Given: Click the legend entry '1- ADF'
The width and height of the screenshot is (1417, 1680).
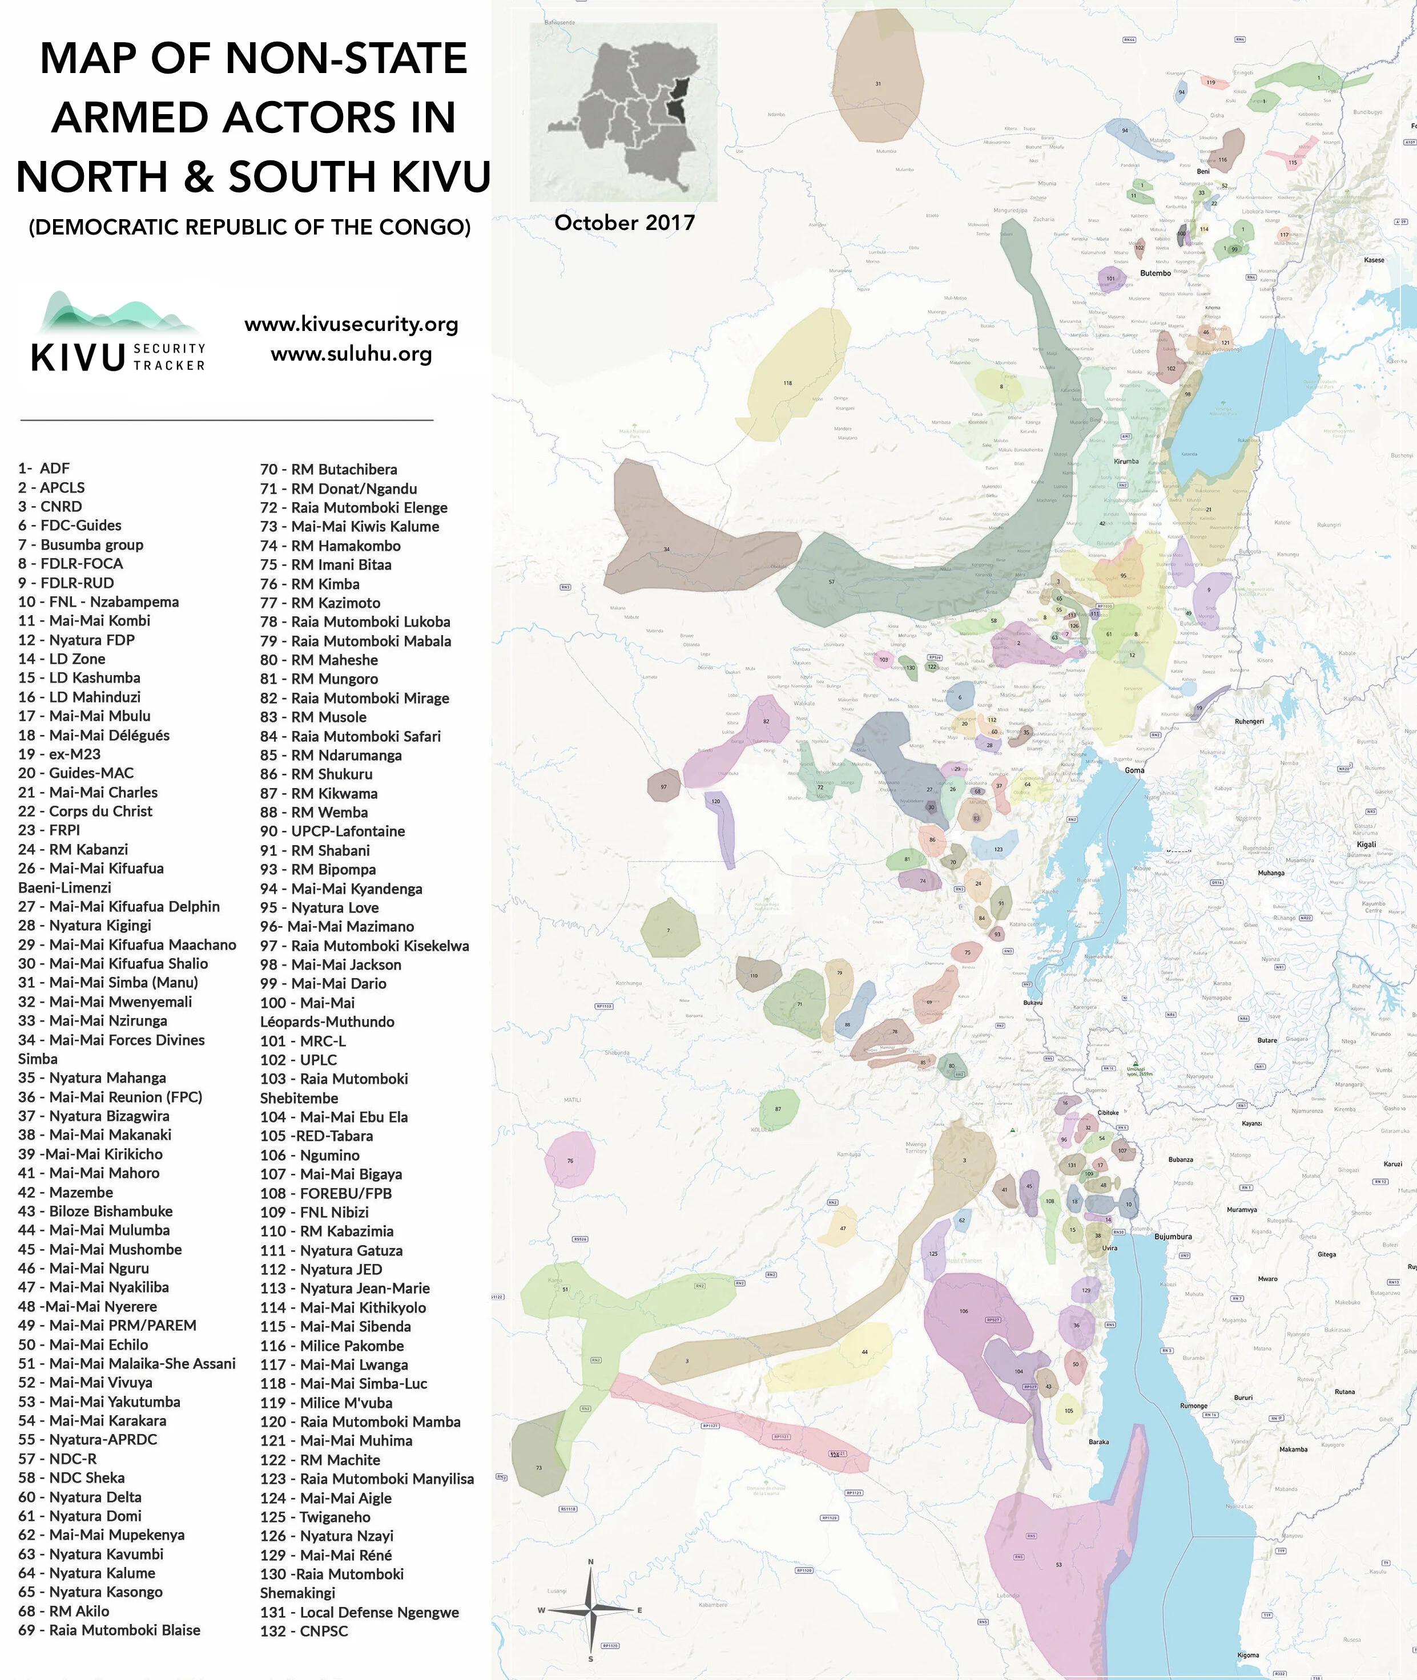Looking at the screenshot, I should (x=44, y=468).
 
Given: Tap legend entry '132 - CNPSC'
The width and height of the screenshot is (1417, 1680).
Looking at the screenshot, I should (x=304, y=1631).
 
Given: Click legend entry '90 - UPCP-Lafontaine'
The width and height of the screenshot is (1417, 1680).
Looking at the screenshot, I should (x=332, y=831).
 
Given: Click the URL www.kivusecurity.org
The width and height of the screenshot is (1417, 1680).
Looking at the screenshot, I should (x=351, y=325).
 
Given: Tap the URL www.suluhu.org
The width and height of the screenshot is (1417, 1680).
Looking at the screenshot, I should (x=351, y=354).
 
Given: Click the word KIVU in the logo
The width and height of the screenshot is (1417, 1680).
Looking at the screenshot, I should (x=78, y=357).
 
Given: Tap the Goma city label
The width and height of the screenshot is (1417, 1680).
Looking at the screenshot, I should (x=1134, y=770).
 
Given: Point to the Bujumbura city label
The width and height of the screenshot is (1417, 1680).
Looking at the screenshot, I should (x=1172, y=1237).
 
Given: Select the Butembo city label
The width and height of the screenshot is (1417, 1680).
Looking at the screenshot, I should (x=1155, y=273).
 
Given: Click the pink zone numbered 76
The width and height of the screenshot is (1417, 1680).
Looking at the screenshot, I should (x=570, y=1159).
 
